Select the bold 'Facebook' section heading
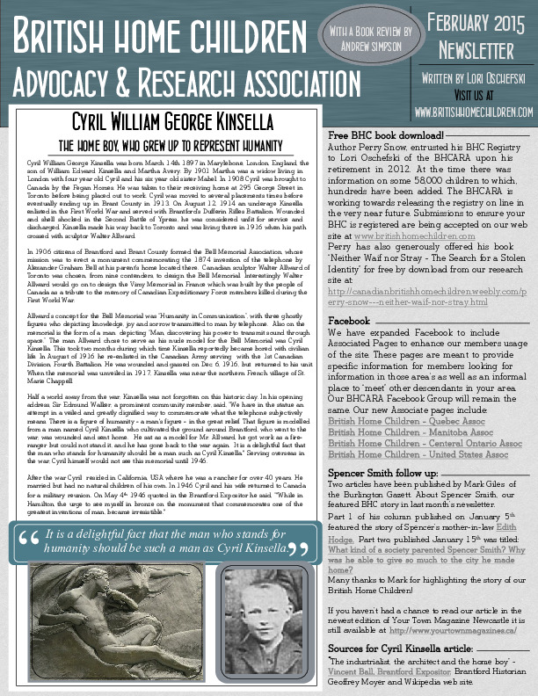coord(348,296)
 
